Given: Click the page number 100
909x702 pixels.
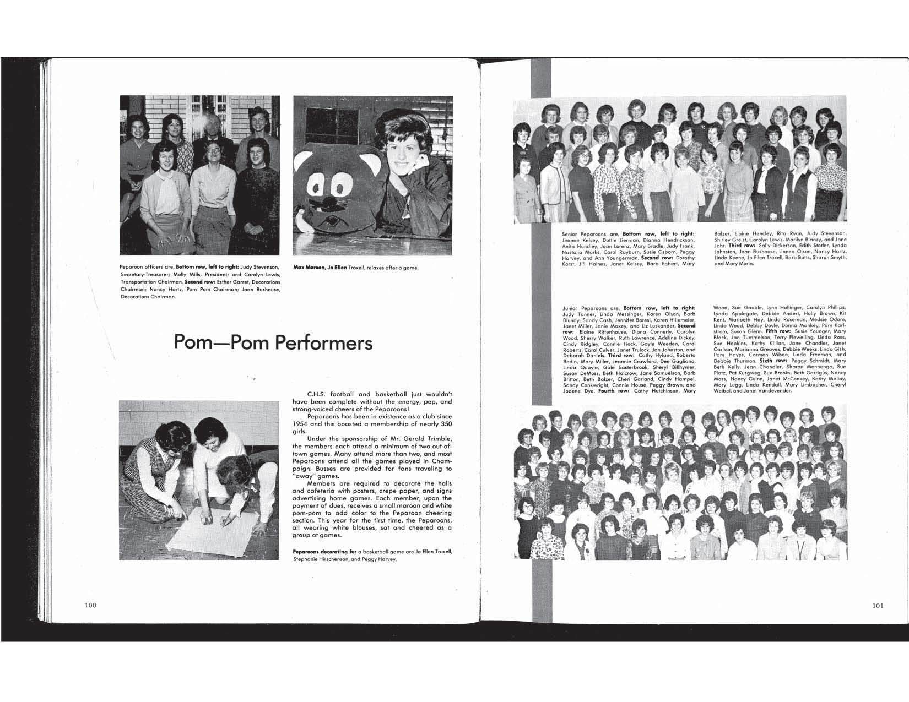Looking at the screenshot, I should click(x=90, y=605).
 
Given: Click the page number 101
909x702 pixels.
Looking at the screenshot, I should click(x=878, y=605).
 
